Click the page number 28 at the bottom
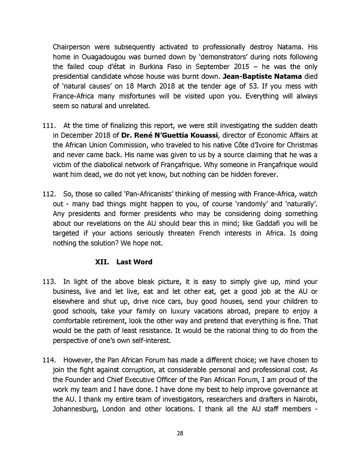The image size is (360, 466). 180,433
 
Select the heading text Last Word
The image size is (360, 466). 134,262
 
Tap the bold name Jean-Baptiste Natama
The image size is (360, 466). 262,76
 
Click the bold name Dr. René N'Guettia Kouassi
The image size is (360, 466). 170,135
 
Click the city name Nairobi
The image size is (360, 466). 305,399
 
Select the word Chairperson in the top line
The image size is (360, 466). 71,47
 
